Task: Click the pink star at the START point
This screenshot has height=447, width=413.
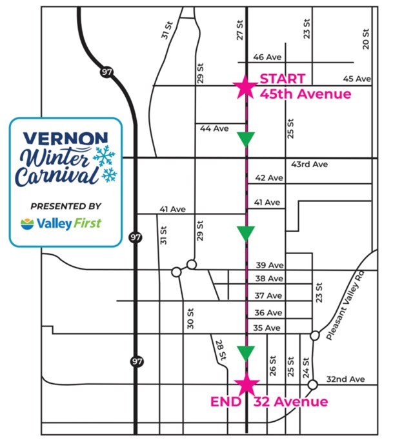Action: pos(245,86)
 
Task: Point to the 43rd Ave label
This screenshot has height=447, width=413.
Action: pos(309,164)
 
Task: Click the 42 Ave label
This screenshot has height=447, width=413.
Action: pos(269,177)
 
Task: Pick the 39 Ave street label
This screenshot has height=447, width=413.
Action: pos(269,266)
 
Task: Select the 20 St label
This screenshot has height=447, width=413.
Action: pos(366,39)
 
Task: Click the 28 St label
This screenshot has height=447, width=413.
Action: pos(220,349)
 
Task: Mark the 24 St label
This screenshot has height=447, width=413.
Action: pos(306,367)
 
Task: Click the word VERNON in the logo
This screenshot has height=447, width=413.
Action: pos(56,139)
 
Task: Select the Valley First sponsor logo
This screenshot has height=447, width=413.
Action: pos(61,224)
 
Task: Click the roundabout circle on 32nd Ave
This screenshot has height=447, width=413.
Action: pos(312,385)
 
